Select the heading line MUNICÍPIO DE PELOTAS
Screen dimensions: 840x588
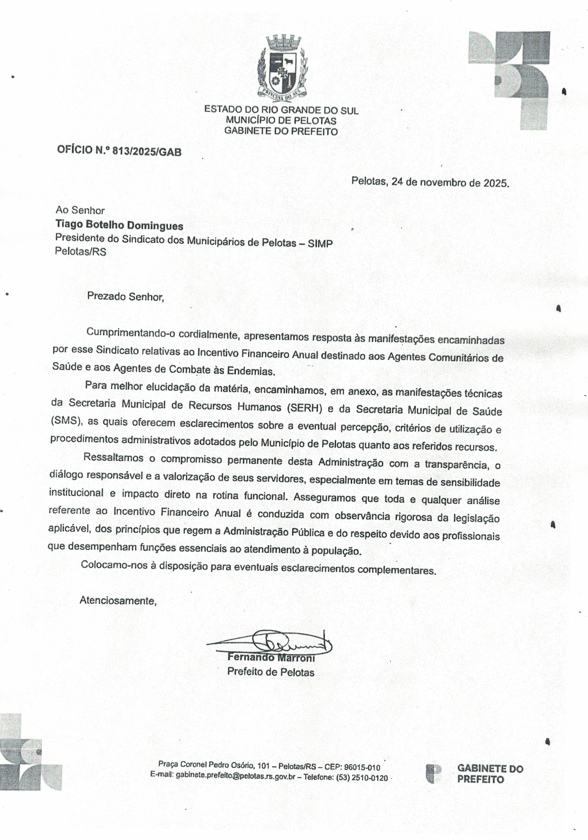(x=281, y=120)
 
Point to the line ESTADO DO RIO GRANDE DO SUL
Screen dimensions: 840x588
(x=281, y=110)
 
